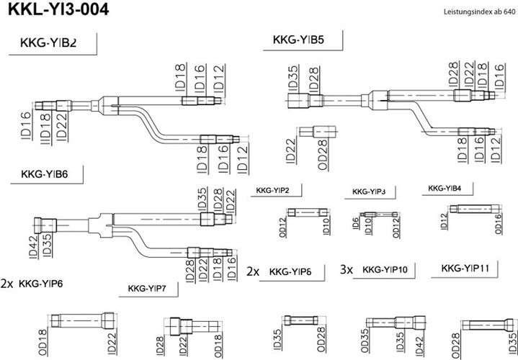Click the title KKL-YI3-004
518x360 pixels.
pyautogui.click(x=58, y=9)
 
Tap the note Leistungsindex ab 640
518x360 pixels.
pyautogui.click(x=479, y=12)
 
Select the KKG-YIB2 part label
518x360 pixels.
pyautogui.click(x=48, y=43)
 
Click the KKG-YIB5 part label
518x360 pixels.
pyautogui.click(x=298, y=40)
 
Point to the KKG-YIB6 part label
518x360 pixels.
pyautogui.click(x=44, y=174)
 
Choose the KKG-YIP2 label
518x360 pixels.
pyautogui.click(x=272, y=191)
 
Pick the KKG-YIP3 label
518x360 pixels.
pyautogui.click(x=369, y=192)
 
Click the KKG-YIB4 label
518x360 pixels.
pyautogui.click(x=445, y=188)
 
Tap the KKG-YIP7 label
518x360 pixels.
pyautogui.click(x=147, y=289)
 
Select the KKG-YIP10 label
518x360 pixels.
pyautogui.click(x=385, y=269)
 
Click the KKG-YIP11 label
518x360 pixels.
pyautogui.click(x=465, y=268)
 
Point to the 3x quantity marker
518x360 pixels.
pyautogui.click(x=347, y=269)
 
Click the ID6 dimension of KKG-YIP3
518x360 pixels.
pyautogui.click(x=355, y=223)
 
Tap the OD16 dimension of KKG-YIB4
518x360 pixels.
pyautogui.click(x=498, y=224)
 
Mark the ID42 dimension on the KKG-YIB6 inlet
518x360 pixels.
pyautogui.click(x=33, y=247)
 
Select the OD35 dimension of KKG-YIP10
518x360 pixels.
pyautogui.click(x=365, y=341)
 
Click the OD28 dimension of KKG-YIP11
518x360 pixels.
pyautogui.click(x=455, y=346)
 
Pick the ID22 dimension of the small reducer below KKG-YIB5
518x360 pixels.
pyautogui.click(x=290, y=151)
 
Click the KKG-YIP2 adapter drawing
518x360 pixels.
pyautogui.click(x=307, y=212)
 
